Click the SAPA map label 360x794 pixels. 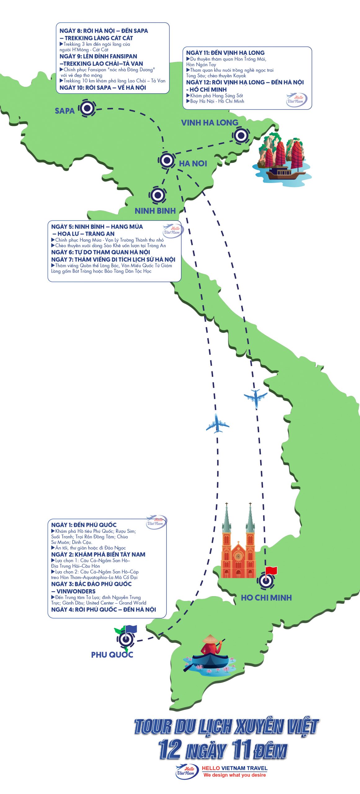(64, 111)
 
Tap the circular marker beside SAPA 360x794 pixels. (87, 108)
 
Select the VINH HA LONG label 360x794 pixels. (210, 123)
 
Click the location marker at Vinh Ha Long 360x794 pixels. (241, 136)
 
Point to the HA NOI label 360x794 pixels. (193, 163)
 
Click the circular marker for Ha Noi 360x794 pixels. (167, 160)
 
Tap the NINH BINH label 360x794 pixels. (155, 211)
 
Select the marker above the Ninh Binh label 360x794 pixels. (158, 195)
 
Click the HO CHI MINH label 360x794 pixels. (266, 598)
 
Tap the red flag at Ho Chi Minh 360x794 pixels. (271, 570)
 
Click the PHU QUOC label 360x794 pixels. (112, 655)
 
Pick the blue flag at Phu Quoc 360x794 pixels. (131, 629)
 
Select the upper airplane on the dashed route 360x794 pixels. (256, 398)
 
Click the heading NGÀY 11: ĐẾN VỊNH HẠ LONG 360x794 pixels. (225, 53)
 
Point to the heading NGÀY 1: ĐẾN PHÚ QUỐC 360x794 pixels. (84, 525)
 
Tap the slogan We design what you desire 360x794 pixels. (235, 775)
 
